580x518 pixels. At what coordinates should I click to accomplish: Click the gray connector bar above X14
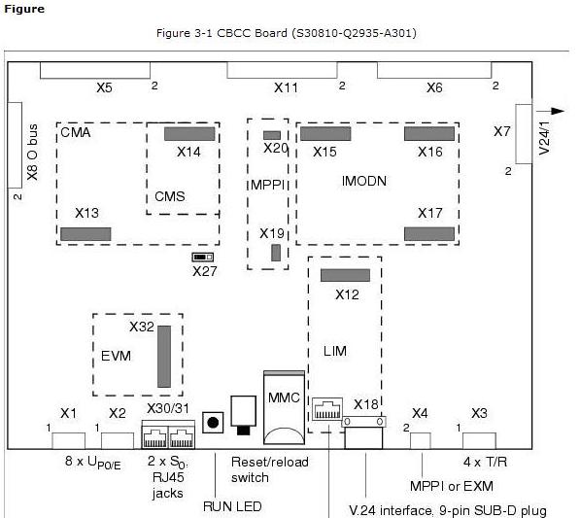point(189,133)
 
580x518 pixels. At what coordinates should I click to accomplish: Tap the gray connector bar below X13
point(85,234)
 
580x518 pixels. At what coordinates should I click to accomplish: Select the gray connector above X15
point(325,133)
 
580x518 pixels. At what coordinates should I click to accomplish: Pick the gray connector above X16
point(429,133)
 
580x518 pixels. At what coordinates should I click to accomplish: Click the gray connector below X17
point(429,234)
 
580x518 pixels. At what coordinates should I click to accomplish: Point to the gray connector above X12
point(345,275)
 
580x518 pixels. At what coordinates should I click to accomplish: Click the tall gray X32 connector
point(164,357)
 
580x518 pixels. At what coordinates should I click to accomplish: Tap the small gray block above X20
point(272,135)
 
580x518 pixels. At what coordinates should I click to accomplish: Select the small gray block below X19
point(276,253)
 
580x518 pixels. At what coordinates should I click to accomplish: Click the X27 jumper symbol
point(203,257)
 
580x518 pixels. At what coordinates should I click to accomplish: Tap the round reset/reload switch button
point(213,422)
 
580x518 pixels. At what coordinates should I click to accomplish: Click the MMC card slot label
point(284,397)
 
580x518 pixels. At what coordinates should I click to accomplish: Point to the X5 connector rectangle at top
point(95,70)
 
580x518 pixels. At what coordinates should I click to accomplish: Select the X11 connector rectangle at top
point(283,70)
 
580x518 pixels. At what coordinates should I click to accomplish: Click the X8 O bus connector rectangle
point(15,145)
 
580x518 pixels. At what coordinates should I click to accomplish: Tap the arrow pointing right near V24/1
point(551,111)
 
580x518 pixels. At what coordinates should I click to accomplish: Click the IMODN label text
point(364,181)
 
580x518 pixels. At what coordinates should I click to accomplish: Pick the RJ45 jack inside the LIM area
point(327,409)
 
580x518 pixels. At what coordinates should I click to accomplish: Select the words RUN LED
point(232,506)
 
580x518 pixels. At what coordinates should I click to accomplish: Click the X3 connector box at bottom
point(479,440)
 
